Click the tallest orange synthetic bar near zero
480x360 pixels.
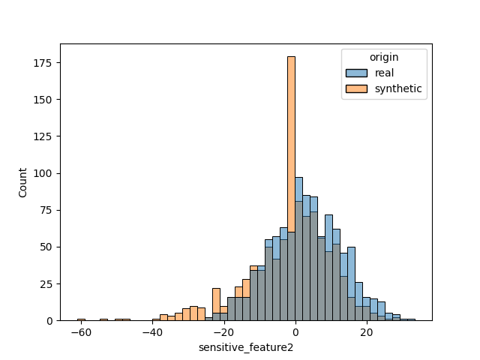[x=291, y=150]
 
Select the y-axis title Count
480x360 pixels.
[x=22, y=182]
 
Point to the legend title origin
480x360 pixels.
[x=384, y=57]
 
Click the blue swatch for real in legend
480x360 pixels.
[x=356, y=73]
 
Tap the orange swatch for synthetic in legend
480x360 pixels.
[x=356, y=88]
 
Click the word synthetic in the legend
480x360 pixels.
[x=397, y=88]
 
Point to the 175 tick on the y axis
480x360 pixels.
[x=45, y=63]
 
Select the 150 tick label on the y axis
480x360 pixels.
[x=45, y=100]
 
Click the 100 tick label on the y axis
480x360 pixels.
[x=45, y=173]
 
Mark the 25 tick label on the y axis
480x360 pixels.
[x=47, y=284]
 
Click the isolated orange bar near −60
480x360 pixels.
[x=81, y=319]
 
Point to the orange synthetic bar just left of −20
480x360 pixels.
[x=216, y=304]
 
